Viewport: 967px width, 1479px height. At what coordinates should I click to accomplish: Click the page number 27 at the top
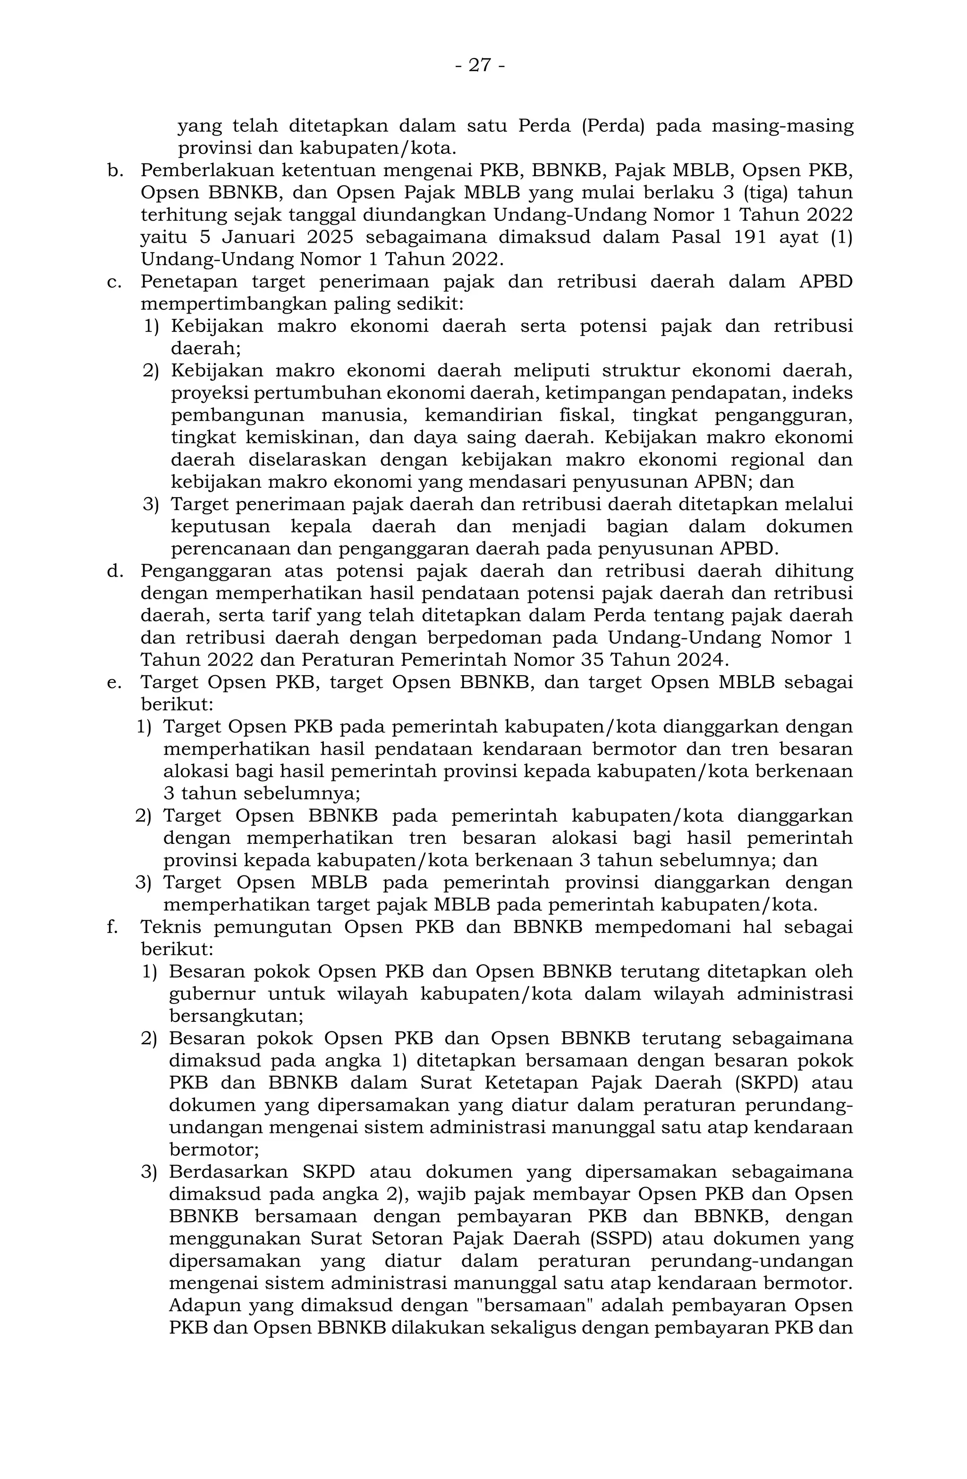pos(479,65)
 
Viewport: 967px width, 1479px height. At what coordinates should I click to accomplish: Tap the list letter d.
pos(115,571)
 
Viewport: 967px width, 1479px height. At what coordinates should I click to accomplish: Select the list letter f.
pos(112,927)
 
